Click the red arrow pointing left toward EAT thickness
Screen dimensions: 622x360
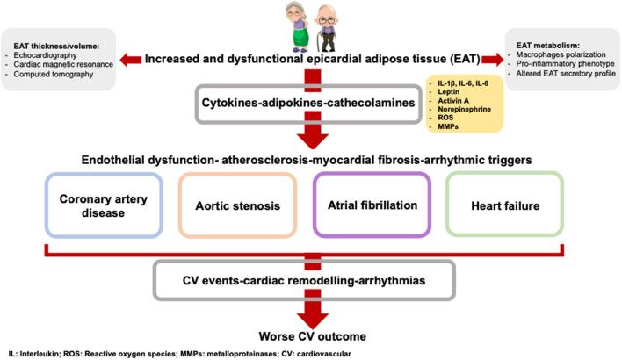[x=131, y=60]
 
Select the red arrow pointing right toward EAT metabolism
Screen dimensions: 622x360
[x=493, y=60]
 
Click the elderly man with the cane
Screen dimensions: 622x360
[x=327, y=29]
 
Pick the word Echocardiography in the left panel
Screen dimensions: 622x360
[x=45, y=55]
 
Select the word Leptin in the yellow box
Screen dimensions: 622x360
[x=449, y=91]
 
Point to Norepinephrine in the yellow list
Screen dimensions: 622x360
[x=464, y=109]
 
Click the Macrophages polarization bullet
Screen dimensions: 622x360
[x=561, y=54]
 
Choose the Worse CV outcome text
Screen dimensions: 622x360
[x=313, y=336]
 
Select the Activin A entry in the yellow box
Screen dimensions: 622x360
[x=453, y=101]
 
